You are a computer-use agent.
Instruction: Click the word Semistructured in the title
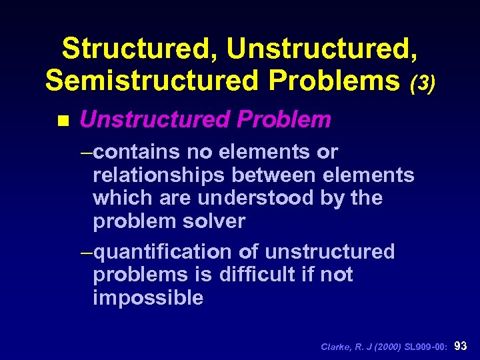147,80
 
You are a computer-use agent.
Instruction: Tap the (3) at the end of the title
422,83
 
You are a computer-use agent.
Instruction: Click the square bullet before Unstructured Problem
63,121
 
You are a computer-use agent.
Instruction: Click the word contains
137,153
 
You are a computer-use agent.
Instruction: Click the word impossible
148,297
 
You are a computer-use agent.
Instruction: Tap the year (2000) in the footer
384,347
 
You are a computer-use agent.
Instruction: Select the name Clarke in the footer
336,347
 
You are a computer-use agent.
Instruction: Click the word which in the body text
117,198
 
